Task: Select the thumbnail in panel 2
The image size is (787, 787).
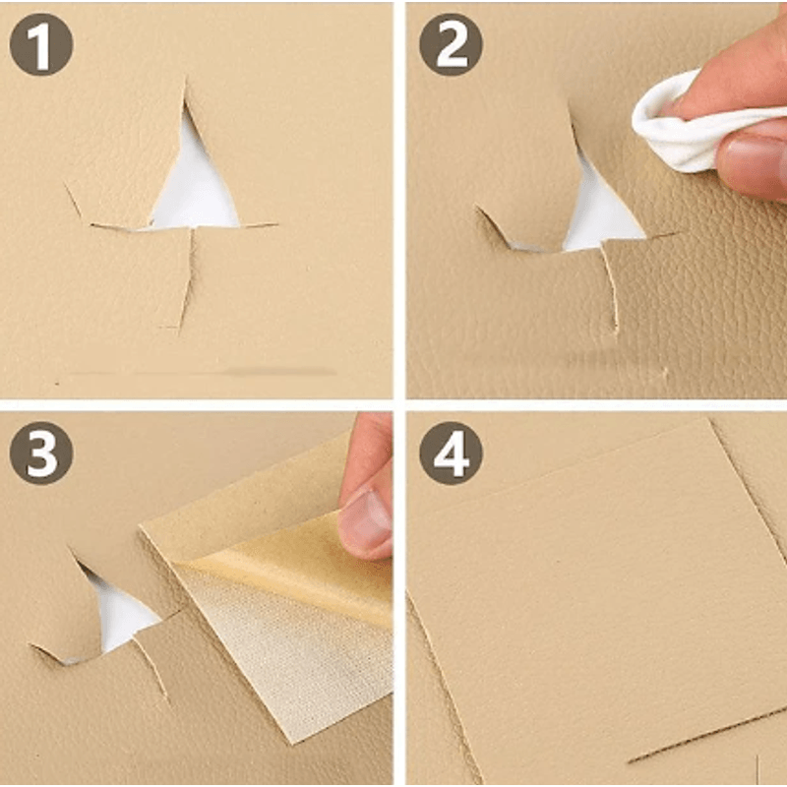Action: [x=753, y=157]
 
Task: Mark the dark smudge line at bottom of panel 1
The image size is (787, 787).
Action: [x=197, y=373]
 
